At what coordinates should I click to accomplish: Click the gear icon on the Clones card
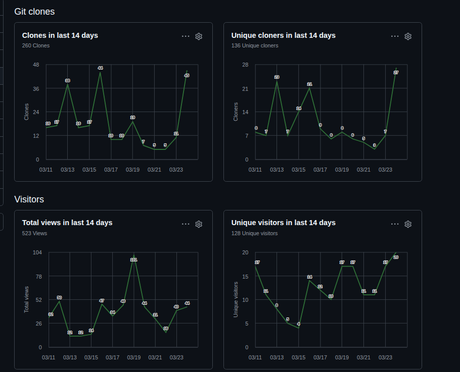(x=199, y=36)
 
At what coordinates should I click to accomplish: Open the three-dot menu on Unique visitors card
(x=395, y=224)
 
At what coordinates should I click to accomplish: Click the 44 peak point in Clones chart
(x=100, y=68)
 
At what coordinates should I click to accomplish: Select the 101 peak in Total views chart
(x=134, y=259)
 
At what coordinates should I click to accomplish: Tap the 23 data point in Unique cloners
(x=277, y=77)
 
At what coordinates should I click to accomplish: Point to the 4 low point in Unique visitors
(x=298, y=324)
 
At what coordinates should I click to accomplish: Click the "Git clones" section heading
(x=34, y=11)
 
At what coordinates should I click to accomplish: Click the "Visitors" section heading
(x=29, y=199)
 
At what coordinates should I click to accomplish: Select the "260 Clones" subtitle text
(x=36, y=45)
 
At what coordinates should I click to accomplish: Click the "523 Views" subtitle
(x=34, y=233)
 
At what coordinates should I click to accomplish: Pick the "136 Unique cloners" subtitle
(x=255, y=45)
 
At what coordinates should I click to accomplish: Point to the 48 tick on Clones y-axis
(x=36, y=65)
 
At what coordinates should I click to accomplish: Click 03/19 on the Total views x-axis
(x=134, y=357)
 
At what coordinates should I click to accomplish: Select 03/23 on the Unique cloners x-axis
(x=385, y=170)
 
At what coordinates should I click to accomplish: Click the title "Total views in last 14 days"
(x=67, y=223)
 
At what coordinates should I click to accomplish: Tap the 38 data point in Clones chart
(x=68, y=81)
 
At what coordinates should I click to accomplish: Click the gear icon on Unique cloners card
(x=408, y=36)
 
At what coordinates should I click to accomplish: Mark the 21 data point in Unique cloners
(x=309, y=84)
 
